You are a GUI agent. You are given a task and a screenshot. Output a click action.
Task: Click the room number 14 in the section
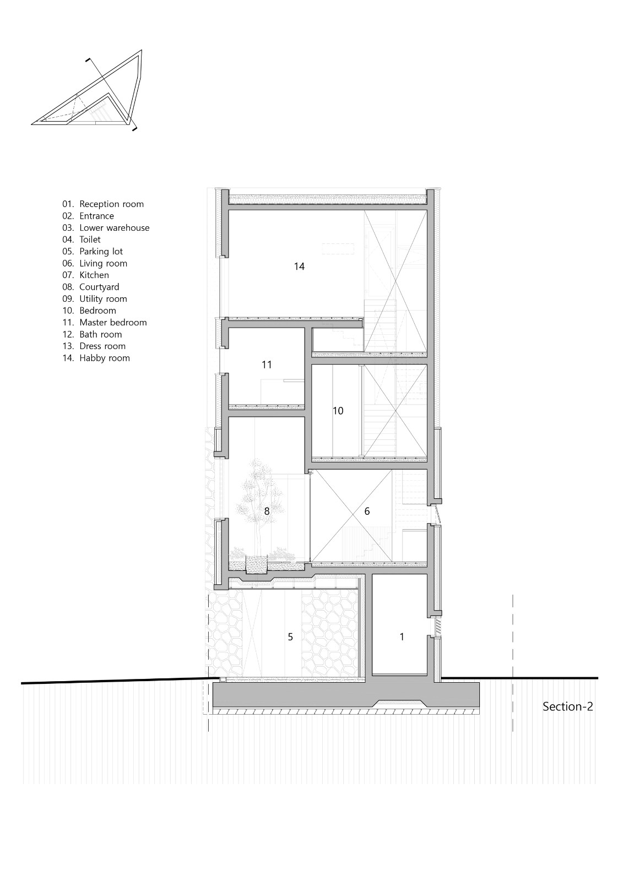299,267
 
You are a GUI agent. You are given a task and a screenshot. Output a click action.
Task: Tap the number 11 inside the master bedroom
267,365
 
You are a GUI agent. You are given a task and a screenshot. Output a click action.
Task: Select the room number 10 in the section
338,411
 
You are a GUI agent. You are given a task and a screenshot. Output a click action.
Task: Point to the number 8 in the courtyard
267,511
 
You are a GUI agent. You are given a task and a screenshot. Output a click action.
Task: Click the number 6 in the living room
367,512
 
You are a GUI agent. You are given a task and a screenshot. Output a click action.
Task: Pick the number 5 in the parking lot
290,637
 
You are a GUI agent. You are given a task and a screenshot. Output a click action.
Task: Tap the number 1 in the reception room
402,637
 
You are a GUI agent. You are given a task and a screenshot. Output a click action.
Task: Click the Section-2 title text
567,706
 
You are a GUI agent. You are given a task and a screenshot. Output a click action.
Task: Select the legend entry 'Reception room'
111,204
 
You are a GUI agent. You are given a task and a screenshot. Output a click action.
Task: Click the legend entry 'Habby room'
104,358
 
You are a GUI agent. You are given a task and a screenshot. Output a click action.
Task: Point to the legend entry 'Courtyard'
99,287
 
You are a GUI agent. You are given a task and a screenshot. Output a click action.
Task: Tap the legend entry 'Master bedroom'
112,323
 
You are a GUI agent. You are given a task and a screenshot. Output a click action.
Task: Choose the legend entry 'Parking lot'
101,252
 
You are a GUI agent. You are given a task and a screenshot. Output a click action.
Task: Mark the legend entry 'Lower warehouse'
114,228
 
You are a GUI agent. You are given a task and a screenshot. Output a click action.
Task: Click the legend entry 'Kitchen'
94,275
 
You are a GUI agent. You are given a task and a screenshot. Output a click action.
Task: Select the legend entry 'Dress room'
102,346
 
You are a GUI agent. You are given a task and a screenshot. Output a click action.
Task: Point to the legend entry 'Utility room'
102,299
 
